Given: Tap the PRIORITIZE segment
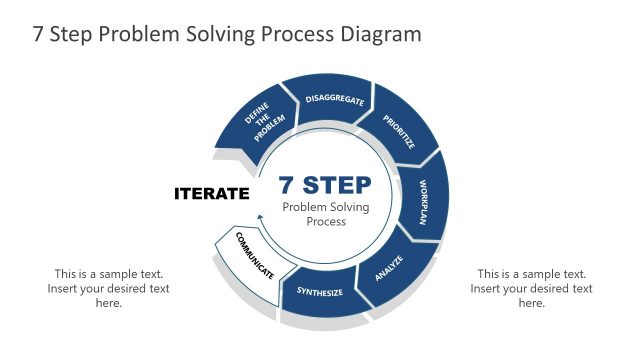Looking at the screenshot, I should pos(398,131).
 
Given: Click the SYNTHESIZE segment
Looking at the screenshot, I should pos(320,293).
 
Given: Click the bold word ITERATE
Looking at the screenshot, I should pos(211,193).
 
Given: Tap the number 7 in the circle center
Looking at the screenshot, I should pos(285,185).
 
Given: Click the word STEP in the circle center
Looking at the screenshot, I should pos(337,185).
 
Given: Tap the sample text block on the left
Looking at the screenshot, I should pos(109,288).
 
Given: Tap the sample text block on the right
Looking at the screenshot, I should pos(532,288).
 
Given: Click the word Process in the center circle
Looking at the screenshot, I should pos(326,222).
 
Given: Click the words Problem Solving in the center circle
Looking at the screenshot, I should pos(326,206).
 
